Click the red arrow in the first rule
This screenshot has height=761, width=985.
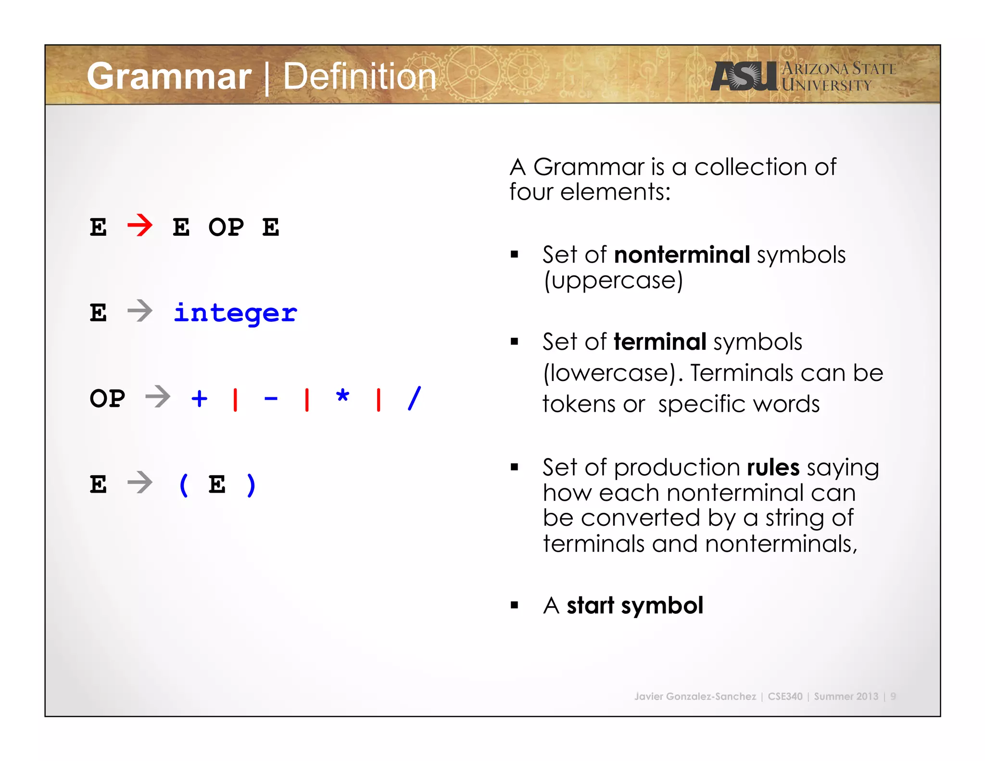(x=140, y=226)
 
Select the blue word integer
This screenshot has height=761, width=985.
(x=235, y=314)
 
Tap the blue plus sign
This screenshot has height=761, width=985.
(x=199, y=398)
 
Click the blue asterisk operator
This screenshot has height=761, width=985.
(x=342, y=397)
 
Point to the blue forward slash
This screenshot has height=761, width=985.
(x=414, y=398)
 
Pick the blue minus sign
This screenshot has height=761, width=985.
(x=271, y=399)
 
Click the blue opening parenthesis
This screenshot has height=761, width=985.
(x=183, y=484)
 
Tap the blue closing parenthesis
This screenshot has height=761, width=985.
(x=251, y=484)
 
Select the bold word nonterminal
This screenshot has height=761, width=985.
(x=682, y=254)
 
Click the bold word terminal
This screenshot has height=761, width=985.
(x=660, y=342)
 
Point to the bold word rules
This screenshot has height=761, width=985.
(x=773, y=468)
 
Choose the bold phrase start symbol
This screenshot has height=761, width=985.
(x=635, y=605)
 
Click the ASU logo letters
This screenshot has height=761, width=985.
(x=744, y=76)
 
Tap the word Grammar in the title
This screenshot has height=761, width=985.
(x=169, y=76)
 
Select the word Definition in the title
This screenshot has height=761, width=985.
(x=359, y=76)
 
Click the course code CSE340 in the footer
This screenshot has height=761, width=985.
(x=785, y=696)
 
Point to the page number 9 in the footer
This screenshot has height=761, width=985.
(x=893, y=696)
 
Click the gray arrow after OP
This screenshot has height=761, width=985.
(x=158, y=397)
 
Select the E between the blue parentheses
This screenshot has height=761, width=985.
(x=217, y=484)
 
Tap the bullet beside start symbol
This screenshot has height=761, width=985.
(x=515, y=606)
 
